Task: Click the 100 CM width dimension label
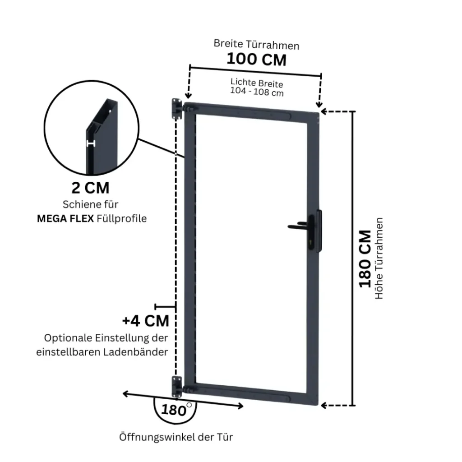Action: click(256, 59)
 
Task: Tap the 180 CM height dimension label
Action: click(365, 259)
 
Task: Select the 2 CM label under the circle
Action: click(90, 188)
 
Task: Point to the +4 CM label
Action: click(146, 321)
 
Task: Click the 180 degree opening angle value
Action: click(174, 410)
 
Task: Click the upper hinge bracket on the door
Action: click(177, 109)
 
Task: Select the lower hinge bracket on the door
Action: click(177, 387)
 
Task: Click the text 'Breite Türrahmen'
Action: click(256, 45)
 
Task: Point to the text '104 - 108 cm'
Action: click(257, 92)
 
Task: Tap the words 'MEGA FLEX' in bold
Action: click(65, 219)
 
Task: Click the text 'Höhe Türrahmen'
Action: click(379, 259)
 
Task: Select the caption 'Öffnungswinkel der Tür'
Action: click(176, 437)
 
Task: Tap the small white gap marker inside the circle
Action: click(91, 144)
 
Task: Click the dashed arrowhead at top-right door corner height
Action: click(323, 112)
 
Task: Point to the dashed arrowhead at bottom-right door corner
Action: click(323, 406)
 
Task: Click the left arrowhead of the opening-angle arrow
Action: click(125, 393)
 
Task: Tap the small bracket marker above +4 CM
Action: click(165, 307)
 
